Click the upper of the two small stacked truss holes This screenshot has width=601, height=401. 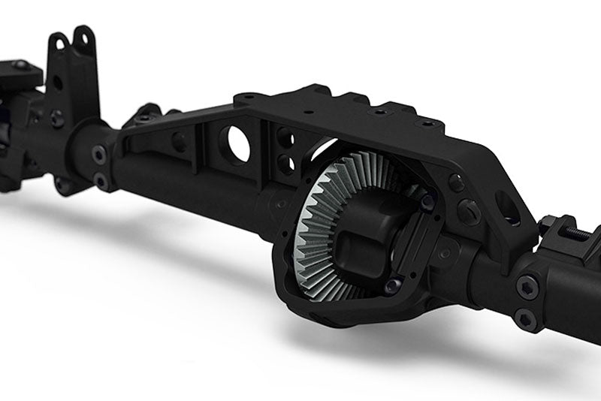pyautogui.click(x=285, y=138)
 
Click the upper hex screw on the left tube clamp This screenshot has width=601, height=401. pyautogui.click(x=99, y=154)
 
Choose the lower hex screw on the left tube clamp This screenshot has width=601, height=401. pyautogui.click(x=99, y=181)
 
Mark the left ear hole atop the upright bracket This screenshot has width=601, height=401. pyautogui.click(x=57, y=43)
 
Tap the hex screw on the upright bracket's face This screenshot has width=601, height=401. pyautogui.click(x=57, y=118)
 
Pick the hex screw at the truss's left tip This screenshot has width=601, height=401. pyautogui.click(x=145, y=116)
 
